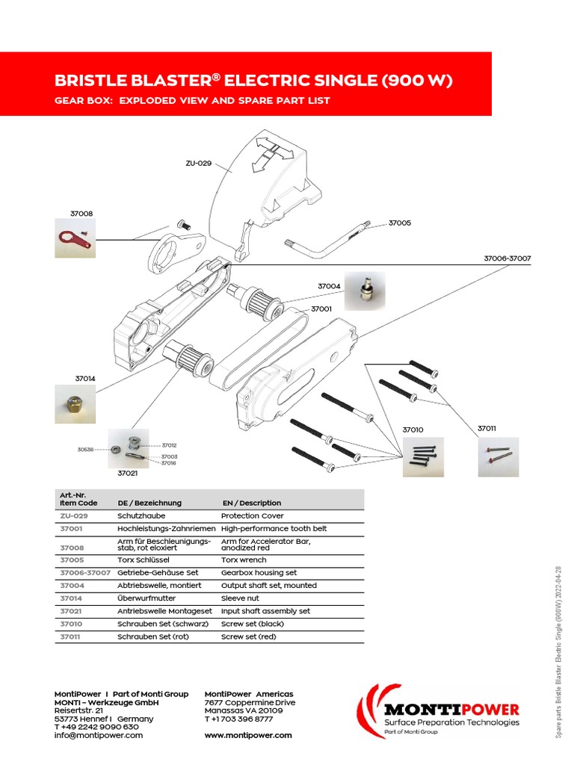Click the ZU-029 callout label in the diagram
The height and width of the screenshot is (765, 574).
(199, 162)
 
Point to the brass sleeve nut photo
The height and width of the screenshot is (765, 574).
(75, 405)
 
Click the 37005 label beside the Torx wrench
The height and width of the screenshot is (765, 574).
(399, 223)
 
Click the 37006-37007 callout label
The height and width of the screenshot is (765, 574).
(507, 258)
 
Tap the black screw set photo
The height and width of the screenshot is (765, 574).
(424, 456)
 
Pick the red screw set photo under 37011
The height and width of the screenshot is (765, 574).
(498, 456)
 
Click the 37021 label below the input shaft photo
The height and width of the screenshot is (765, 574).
(128, 473)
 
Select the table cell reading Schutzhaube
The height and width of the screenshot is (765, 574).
(141, 515)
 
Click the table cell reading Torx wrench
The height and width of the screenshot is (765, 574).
(244, 560)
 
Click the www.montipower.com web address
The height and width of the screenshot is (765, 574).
(248, 735)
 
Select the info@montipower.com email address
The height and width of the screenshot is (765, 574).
(98, 735)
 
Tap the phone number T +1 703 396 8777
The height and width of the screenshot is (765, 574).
(240, 719)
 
